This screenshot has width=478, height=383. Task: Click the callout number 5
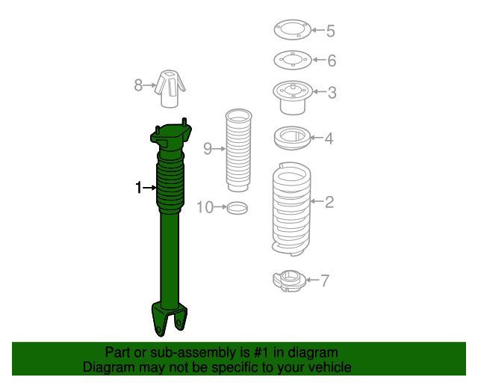[330, 31]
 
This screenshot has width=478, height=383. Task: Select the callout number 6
[332, 61]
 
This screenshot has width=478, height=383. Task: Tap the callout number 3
[332, 93]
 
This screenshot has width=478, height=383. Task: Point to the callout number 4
[329, 138]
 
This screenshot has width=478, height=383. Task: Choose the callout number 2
[329, 200]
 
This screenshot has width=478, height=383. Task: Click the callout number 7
[324, 281]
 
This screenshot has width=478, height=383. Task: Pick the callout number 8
[138, 85]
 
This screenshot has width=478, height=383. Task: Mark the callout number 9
[208, 148]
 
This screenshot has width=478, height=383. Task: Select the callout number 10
[205, 206]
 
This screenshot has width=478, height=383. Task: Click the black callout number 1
[138, 188]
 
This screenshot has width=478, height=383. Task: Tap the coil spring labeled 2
[290, 209]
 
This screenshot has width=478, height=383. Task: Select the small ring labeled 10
[237, 207]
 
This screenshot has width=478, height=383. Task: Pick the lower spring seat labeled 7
[288, 282]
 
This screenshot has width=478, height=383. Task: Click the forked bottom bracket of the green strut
[169, 318]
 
